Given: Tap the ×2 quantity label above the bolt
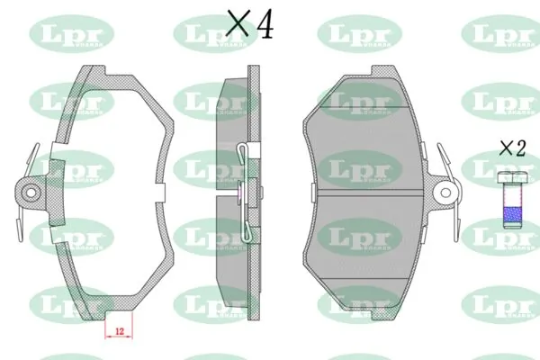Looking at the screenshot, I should tap(512, 148).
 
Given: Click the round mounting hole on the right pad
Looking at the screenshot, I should tap(443, 191).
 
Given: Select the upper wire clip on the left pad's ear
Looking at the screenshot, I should tap(34, 157).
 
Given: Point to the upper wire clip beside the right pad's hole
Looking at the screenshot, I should tap(443, 157).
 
